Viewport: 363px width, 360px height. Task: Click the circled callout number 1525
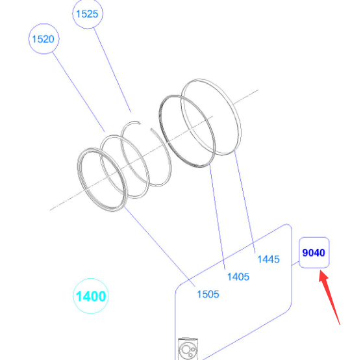[88, 14]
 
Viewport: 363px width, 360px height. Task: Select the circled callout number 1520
[44, 39]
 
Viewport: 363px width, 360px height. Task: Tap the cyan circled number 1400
[91, 296]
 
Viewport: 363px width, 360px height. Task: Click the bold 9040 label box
[314, 253]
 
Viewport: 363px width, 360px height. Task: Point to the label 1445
[269, 259]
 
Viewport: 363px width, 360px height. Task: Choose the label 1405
[238, 277]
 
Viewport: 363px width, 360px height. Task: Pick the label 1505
[208, 294]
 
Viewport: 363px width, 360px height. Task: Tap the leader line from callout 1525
[112, 70]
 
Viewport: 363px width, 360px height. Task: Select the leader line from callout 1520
[79, 92]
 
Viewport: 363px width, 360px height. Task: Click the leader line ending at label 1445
[245, 202]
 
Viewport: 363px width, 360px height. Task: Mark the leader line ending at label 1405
[217, 217]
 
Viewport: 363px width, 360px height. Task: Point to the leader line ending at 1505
[159, 247]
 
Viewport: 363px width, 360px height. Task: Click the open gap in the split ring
[145, 126]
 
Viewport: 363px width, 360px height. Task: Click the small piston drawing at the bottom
[188, 349]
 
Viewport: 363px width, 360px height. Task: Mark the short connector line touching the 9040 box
[295, 263]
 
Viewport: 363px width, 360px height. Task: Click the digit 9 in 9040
[305, 253]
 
